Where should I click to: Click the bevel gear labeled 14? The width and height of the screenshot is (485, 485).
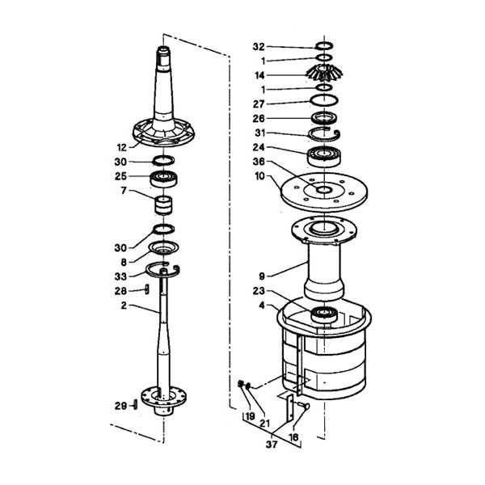[324, 73]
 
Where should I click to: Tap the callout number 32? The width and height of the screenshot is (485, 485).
[259, 47]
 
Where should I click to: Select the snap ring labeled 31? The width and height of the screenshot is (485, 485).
[325, 133]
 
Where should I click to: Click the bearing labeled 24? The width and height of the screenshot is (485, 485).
[324, 156]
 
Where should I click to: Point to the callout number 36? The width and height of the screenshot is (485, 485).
[259, 162]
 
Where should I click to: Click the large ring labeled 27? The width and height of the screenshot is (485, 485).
[324, 100]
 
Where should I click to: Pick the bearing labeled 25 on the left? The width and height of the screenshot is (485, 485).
[163, 179]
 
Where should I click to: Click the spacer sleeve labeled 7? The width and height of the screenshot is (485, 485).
[163, 205]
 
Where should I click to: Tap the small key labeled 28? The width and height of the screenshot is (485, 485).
[146, 289]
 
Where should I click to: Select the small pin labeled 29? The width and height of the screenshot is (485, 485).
[135, 405]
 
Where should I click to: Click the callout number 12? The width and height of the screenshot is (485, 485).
[122, 148]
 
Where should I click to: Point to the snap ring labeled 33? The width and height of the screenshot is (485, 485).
[163, 270]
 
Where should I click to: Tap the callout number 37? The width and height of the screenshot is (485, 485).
[272, 445]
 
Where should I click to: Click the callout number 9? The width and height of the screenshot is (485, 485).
[262, 276]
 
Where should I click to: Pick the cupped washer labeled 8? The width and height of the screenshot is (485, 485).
[163, 247]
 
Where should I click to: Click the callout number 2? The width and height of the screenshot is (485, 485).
[124, 306]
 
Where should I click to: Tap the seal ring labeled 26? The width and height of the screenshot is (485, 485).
[324, 118]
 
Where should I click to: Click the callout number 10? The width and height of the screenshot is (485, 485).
[259, 176]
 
